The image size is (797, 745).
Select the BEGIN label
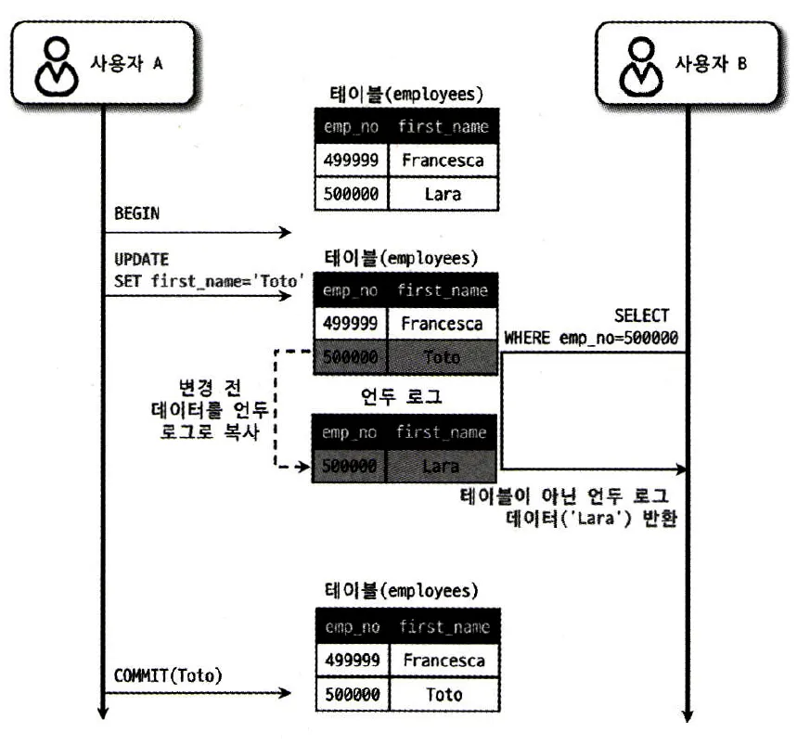136,213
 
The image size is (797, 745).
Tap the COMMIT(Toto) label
168,675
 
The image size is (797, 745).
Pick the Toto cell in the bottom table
443,694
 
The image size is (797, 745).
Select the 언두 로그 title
400,397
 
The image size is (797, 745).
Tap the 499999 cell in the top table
351,161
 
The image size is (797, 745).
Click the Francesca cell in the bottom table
443,660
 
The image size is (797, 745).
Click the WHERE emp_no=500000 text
591,338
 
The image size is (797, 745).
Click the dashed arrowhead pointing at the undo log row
302,469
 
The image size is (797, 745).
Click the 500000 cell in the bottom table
351,694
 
